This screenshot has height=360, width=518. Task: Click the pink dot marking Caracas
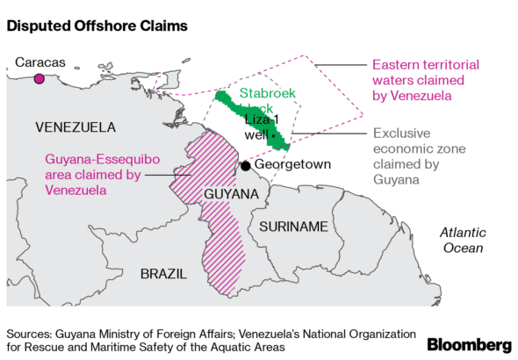click(x=39, y=79)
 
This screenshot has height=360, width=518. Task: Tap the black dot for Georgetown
click(x=246, y=166)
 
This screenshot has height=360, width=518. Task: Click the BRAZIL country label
click(x=163, y=273)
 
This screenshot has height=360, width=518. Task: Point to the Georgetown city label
click(x=293, y=166)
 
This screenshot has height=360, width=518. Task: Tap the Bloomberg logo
click(x=470, y=343)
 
